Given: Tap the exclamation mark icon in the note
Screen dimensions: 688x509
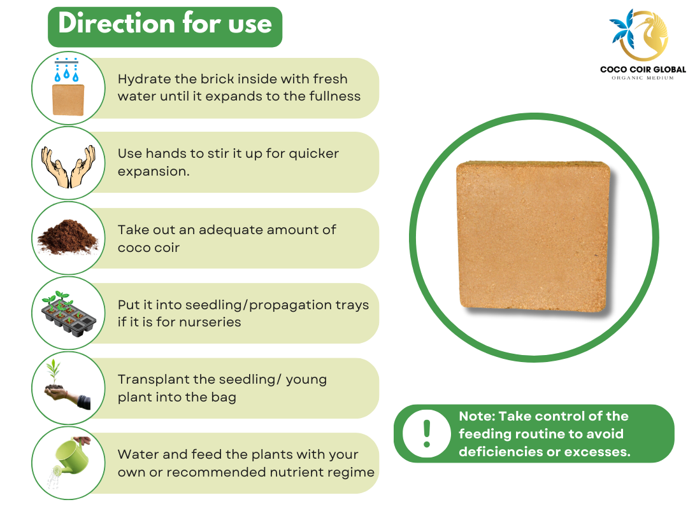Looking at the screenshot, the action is click(x=426, y=433).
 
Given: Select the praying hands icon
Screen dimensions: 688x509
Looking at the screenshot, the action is click(x=68, y=166).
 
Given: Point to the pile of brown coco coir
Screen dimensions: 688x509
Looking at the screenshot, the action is click(x=68, y=237).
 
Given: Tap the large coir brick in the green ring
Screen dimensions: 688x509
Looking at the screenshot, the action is click(x=534, y=237).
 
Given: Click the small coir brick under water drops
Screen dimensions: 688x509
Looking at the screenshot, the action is click(x=68, y=100).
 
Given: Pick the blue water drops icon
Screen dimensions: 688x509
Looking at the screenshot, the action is click(x=67, y=70).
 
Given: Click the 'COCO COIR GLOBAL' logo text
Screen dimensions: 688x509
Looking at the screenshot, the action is click(x=643, y=69).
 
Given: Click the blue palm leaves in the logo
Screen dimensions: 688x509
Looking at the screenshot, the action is click(x=623, y=29).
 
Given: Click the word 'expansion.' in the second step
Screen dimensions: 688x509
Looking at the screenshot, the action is click(x=154, y=172).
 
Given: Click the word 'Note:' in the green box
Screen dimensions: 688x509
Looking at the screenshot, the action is click(x=477, y=416).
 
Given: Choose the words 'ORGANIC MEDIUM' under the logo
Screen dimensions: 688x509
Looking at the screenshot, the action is click(x=643, y=78).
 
